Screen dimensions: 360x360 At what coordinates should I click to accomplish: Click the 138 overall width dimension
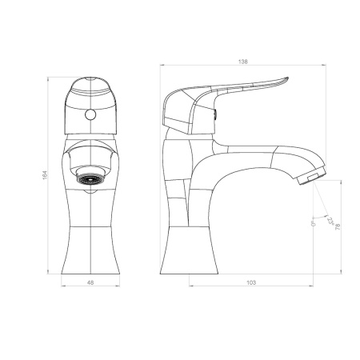coord(242,62)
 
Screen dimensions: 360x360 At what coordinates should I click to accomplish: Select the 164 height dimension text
coord(45,175)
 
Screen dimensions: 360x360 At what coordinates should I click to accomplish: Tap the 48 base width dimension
coord(90,282)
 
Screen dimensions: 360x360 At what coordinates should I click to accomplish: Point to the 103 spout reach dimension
coord(251,282)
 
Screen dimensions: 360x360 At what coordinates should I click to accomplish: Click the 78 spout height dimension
coord(338,226)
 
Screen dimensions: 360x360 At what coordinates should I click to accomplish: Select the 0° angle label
coord(313,223)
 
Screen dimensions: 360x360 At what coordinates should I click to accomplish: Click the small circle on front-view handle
coord(90,115)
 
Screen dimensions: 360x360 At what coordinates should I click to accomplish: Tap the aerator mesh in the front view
coord(90,178)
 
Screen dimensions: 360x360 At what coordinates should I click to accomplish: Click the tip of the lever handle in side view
coord(288,78)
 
